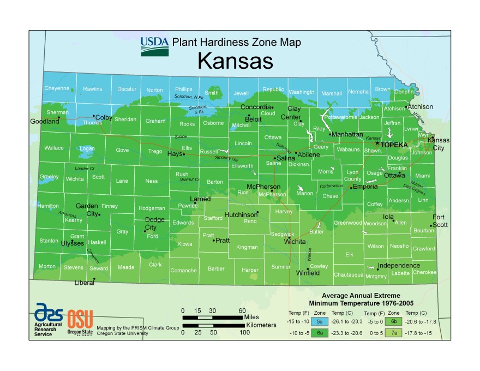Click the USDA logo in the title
pyautogui.click(x=154, y=46)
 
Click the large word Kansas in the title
pyautogui.click(x=235, y=61)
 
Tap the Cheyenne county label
pyautogui.click(x=57, y=88)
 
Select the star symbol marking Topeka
pyautogui.click(x=377, y=143)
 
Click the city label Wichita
pyautogui.click(x=295, y=241)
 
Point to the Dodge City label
pyautogui.click(x=154, y=224)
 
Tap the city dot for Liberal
pyautogui.click(x=94, y=279)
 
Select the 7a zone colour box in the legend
pyautogui.click(x=394, y=333)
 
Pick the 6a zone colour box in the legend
pyautogui.click(x=320, y=333)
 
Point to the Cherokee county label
pyautogui.click(x=424, y=272)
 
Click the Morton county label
pyautogui.click(x=47, y=266)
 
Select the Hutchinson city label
pyautogui.click(x=241, y=215)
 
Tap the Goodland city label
pyautogui.click(x=45, y=122)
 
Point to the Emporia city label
pyautogui.click(x=365, y=187)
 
